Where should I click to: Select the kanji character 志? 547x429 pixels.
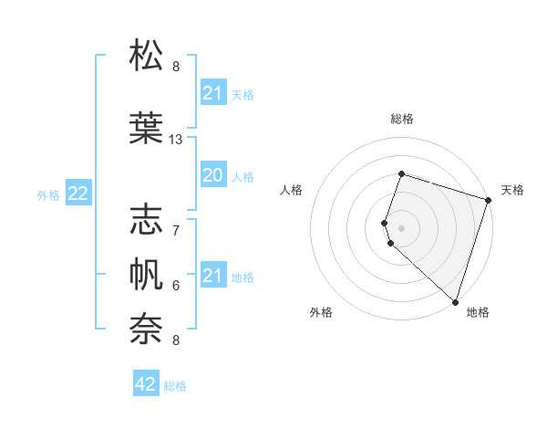[147, 218]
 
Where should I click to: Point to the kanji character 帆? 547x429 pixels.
[147, 273]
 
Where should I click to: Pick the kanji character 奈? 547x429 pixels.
[147, 328]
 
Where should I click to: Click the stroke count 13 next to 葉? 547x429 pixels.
[176, 140]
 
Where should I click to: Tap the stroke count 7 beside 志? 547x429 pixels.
[176, 229]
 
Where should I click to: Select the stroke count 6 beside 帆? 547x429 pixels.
[176, 285]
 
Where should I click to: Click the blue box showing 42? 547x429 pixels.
[146, 384]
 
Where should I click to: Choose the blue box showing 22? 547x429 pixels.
[78, 194]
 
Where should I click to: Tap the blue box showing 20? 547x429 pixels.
[212, 175]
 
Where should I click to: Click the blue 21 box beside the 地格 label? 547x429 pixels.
[212, 276]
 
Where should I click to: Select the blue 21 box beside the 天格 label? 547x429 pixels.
[212, 93]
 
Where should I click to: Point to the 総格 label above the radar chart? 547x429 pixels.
[401, 119]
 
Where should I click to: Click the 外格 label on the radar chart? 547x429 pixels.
[321, 312]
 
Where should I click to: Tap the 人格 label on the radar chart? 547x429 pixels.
[292, 190]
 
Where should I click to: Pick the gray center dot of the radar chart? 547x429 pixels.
[401, 227]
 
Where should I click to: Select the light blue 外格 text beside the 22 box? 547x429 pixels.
[48, 194]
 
